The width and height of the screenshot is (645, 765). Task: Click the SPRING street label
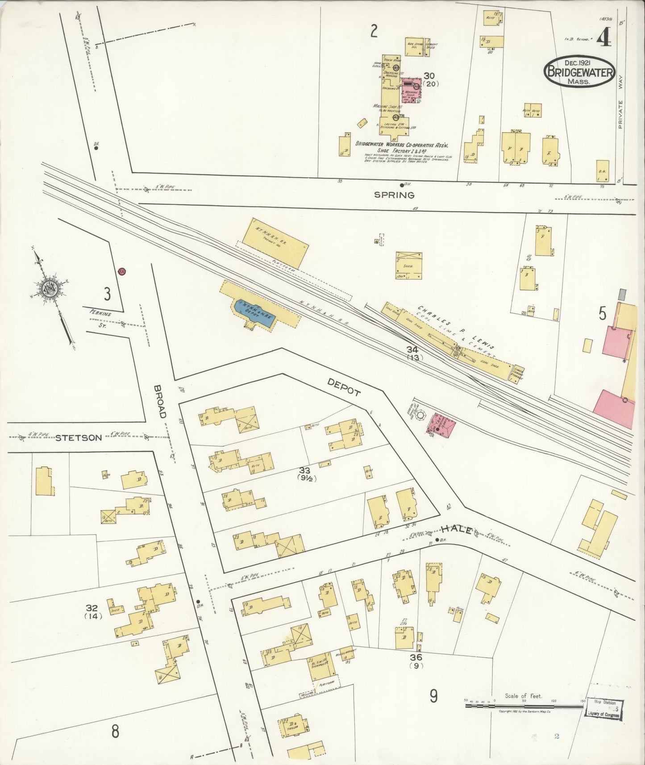(394, 195)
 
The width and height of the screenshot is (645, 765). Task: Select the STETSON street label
(79, 438)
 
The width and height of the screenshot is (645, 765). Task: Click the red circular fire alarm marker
(121, 271)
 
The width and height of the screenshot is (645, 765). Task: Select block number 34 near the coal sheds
(412, 350)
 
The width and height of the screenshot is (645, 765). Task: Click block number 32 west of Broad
(92, 608)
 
